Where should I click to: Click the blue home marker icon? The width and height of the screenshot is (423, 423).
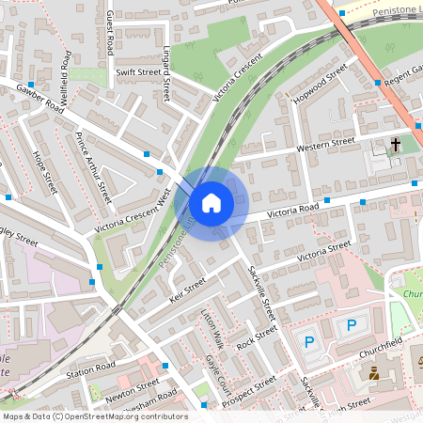pyautogui.click(x=211, y=202)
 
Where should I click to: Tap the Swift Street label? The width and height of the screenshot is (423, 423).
pyautogui.click(x=138, y=70)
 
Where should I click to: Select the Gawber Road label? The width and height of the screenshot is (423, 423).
pyautogui.click(x=40, y=99)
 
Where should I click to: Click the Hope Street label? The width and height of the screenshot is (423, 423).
pyautogui.click(x=45, y=173)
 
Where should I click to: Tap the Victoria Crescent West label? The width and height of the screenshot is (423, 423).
pyautogui.click(x=132, y=211)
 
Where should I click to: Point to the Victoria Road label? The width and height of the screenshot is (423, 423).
pyautogui.click(x=294, y=211)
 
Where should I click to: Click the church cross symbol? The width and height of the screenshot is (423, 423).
pyautogui.click(x=396, y=146)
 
